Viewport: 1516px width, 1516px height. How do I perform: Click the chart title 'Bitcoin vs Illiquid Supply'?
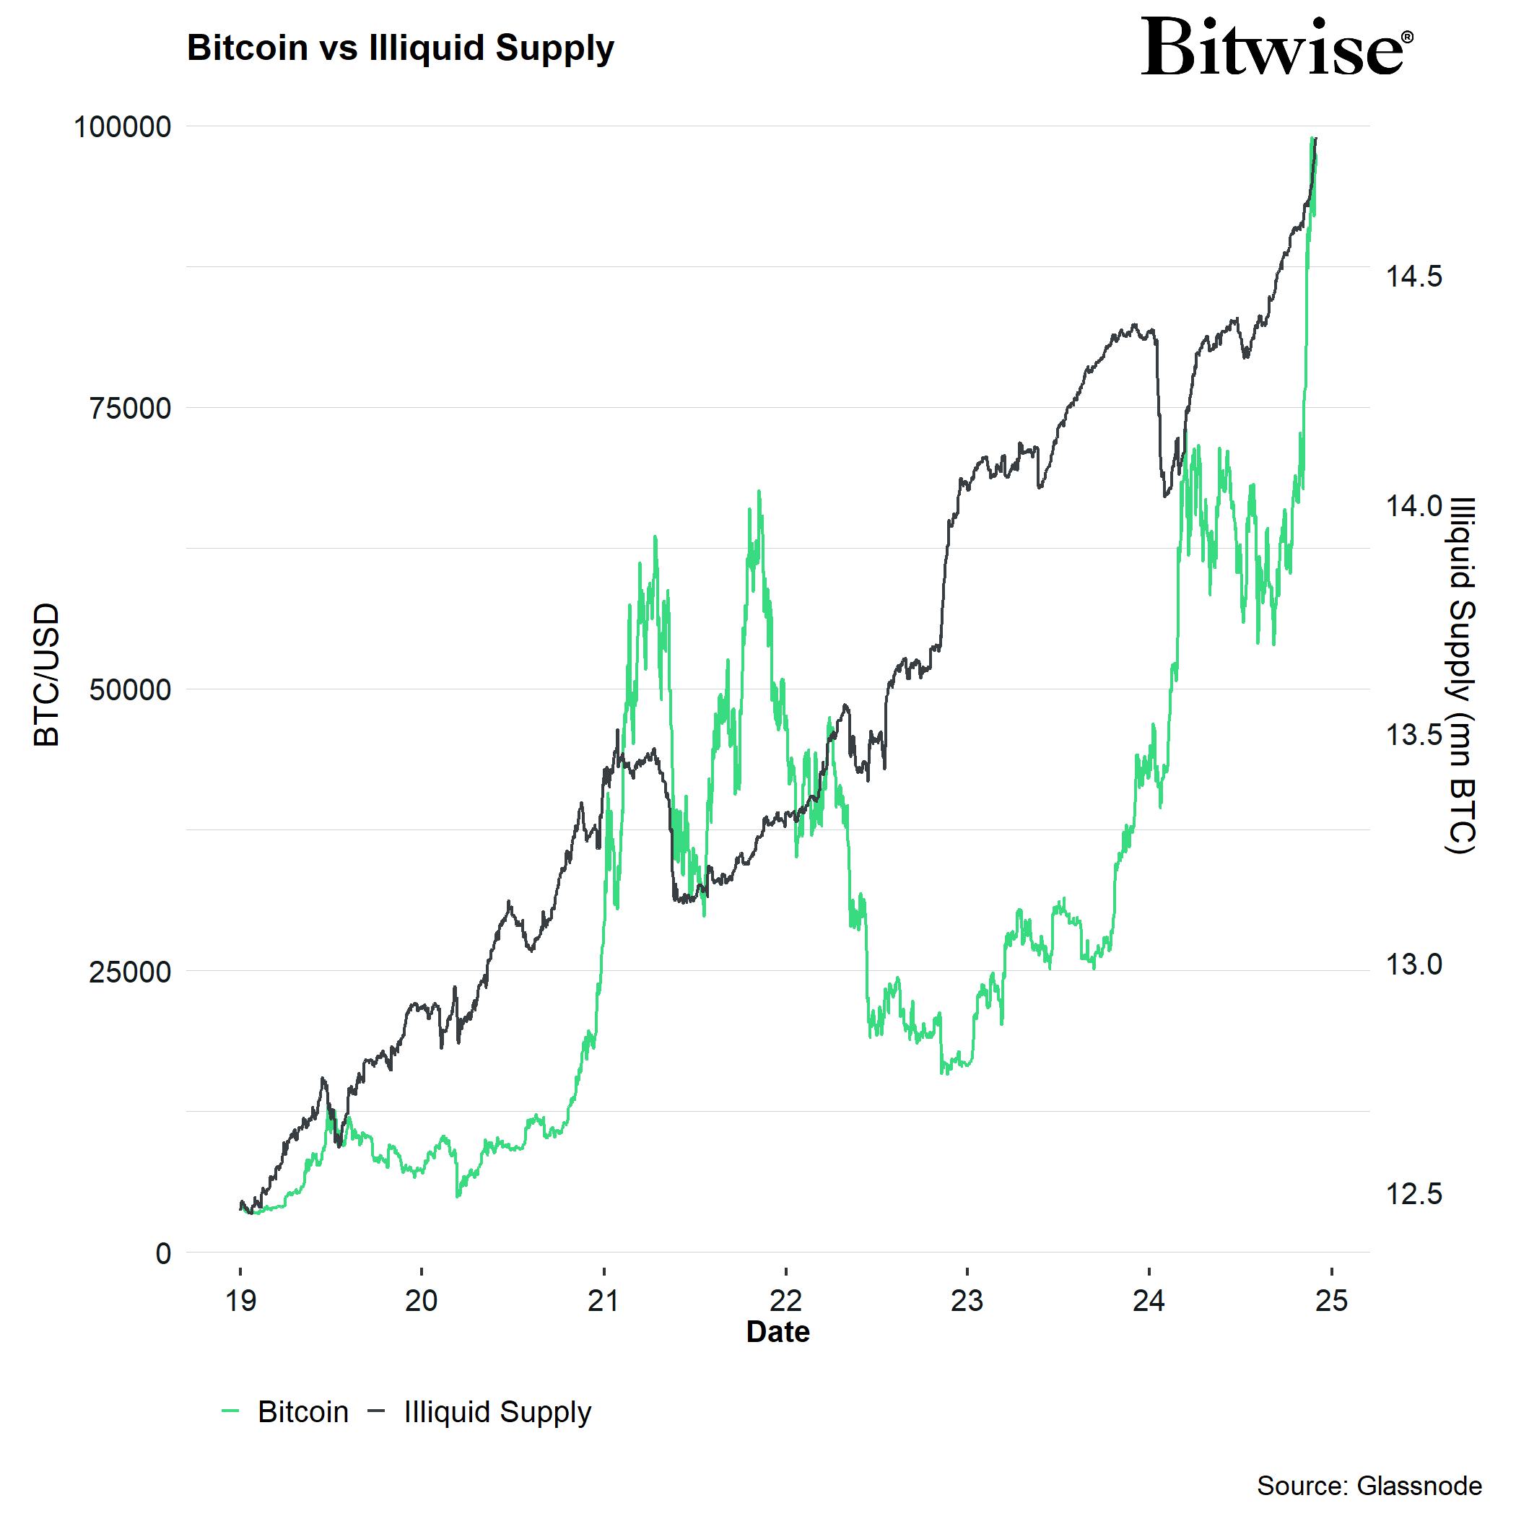pos(400,48)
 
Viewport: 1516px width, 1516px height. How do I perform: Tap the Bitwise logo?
pos(1276,48)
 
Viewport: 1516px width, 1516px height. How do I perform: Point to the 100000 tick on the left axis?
pos(123,127)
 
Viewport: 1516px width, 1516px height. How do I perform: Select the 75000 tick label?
pos(130,409)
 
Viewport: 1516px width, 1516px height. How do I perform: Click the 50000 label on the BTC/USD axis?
pos(130,691)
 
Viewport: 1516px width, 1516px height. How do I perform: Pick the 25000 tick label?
pos(130,972)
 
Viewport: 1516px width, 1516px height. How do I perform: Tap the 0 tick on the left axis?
pos(163,1254)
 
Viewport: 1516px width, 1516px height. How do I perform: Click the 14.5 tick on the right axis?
pos(1413,277)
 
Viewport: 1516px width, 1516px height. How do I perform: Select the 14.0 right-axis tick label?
pos(1413,506)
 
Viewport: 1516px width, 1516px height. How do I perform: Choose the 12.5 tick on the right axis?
pos(1413,1194)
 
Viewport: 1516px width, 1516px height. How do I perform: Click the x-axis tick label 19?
pos(240,1301)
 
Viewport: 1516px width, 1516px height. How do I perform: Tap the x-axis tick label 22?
pos(785,1301)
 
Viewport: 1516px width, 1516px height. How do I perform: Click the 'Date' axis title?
pos(777,1333)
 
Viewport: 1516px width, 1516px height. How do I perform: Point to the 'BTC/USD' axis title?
pos(47,675)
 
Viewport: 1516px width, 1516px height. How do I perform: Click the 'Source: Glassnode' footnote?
pos(1369,1486)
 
